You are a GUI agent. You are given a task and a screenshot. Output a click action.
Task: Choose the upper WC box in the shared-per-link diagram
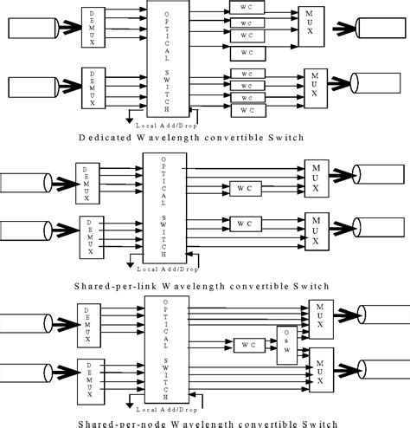[x=246, y=185]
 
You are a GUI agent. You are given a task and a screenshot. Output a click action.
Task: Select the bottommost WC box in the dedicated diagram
[x=247, y=110]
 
